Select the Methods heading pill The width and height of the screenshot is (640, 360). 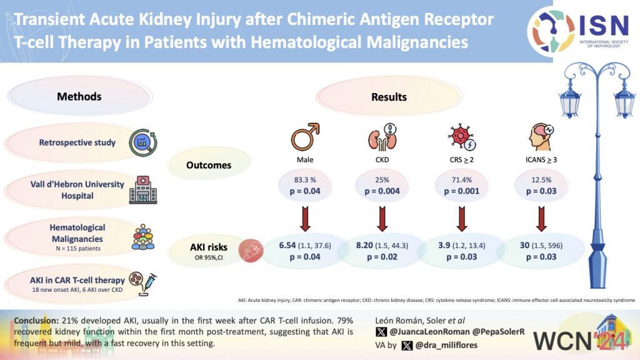click(x=79, y=97)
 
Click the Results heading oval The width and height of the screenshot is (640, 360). click(x=389, y=97)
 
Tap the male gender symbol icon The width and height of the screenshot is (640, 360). click(x=306, y=135)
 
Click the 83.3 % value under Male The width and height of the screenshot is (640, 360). click(x=305, y=180)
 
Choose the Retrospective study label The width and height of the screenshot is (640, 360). click(x=77, y=142)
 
